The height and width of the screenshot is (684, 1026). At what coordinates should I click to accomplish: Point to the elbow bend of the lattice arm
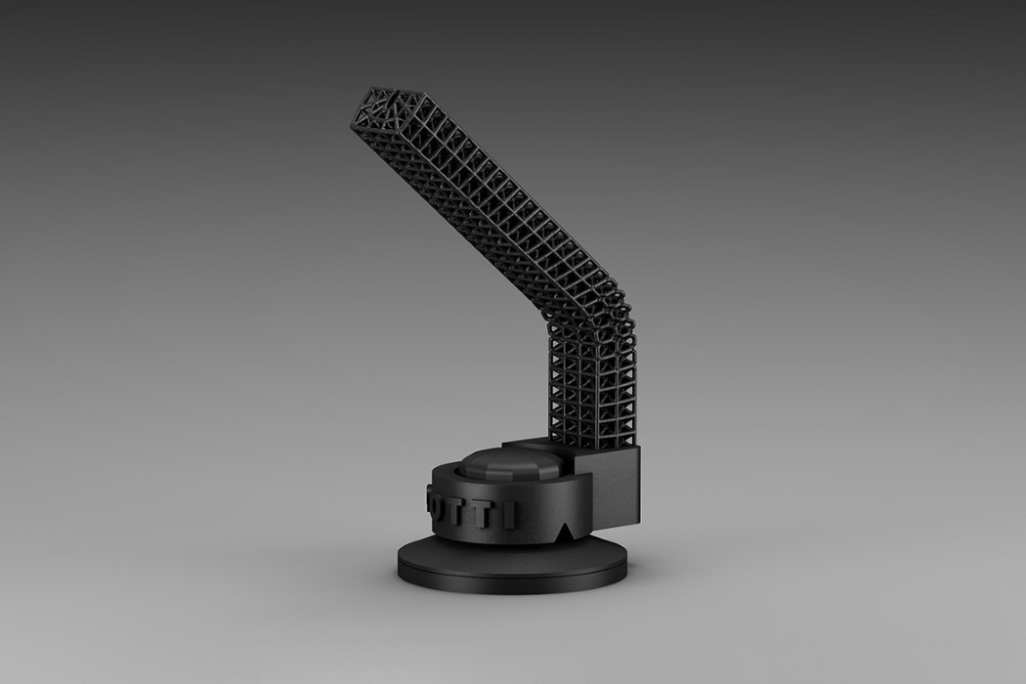[x=587, y=307]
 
